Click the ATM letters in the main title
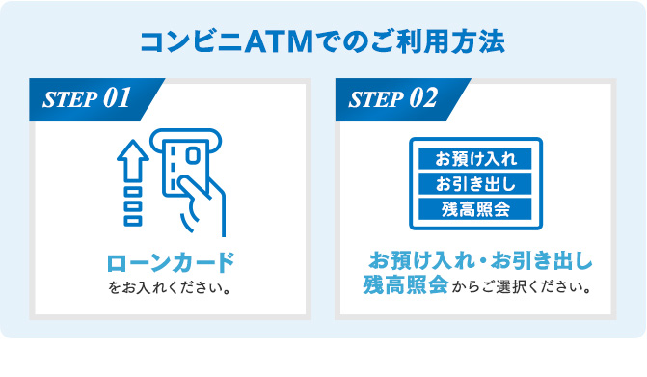pos(279,42)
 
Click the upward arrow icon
pos(133,160)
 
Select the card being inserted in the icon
pos(184,167)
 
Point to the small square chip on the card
pos(193,156)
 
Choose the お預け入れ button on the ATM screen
pos(475,158)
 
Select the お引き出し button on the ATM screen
pos(475,184)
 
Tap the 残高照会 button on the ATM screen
pos(475,209)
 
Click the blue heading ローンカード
pos(171,263)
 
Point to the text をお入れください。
pos(170,287)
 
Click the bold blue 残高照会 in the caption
pos(406,284)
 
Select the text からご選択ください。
pos(522,286)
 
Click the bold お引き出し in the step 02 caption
pos(541,260)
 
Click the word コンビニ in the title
pos(192,42)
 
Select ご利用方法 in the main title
pos(438,42)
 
